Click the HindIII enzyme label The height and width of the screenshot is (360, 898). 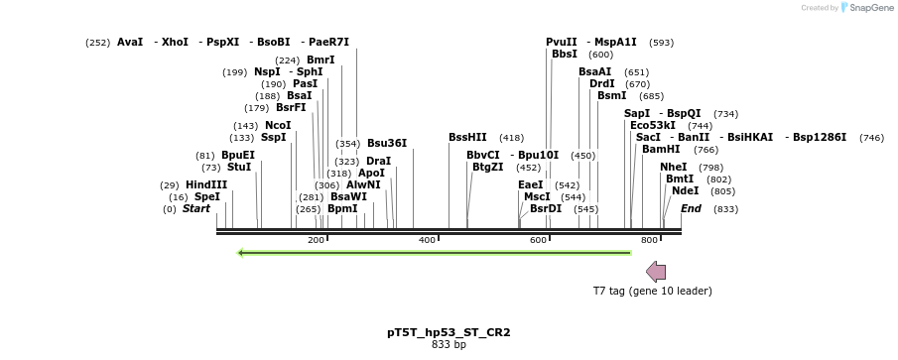[x=205, y=184]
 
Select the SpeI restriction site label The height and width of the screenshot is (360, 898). [x=206, y=196]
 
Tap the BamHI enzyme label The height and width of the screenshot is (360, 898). [x=661, y=149]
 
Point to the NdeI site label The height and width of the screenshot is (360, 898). [x=685, y=190]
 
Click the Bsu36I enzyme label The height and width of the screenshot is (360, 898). [x=387, y=143]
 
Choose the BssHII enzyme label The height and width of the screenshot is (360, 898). [x=467, y=137]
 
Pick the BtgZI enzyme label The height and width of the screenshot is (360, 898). [x=486, y=167]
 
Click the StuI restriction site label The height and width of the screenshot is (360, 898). [x=239, y=167]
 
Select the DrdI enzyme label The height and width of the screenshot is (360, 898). [x=602, y=83]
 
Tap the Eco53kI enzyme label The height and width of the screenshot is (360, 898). [x=653, y=126]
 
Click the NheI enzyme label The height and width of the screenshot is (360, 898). [x=673, y=167]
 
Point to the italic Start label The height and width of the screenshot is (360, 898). [x=195, y=208]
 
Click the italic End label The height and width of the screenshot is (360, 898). [x=691, y=208]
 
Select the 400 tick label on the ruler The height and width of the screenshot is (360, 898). [x=428, y=240]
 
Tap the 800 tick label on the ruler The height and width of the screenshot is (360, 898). [x=650, y=240]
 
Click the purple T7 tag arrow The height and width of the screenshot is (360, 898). [x=656, y=271]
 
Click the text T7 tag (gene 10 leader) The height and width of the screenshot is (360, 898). [x=652, y=291]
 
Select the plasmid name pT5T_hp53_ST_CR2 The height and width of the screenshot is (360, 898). [x=449, y=332]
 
